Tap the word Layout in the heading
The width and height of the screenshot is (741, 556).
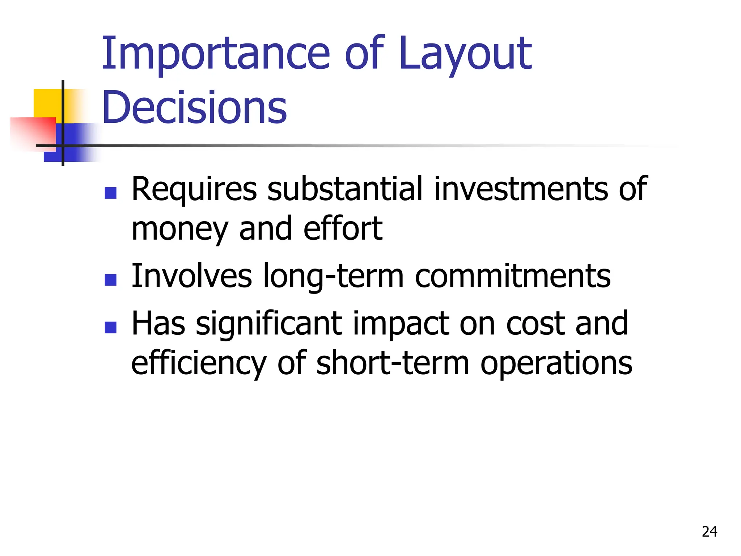tap(466, 54)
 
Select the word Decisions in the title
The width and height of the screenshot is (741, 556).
tap(194, 107)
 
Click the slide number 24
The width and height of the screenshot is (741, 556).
tap(709, 532)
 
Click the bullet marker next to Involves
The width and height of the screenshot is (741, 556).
tap(110, 279)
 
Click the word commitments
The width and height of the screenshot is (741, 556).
tap(513, 276)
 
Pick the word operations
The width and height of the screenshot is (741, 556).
tap(556, 364)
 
